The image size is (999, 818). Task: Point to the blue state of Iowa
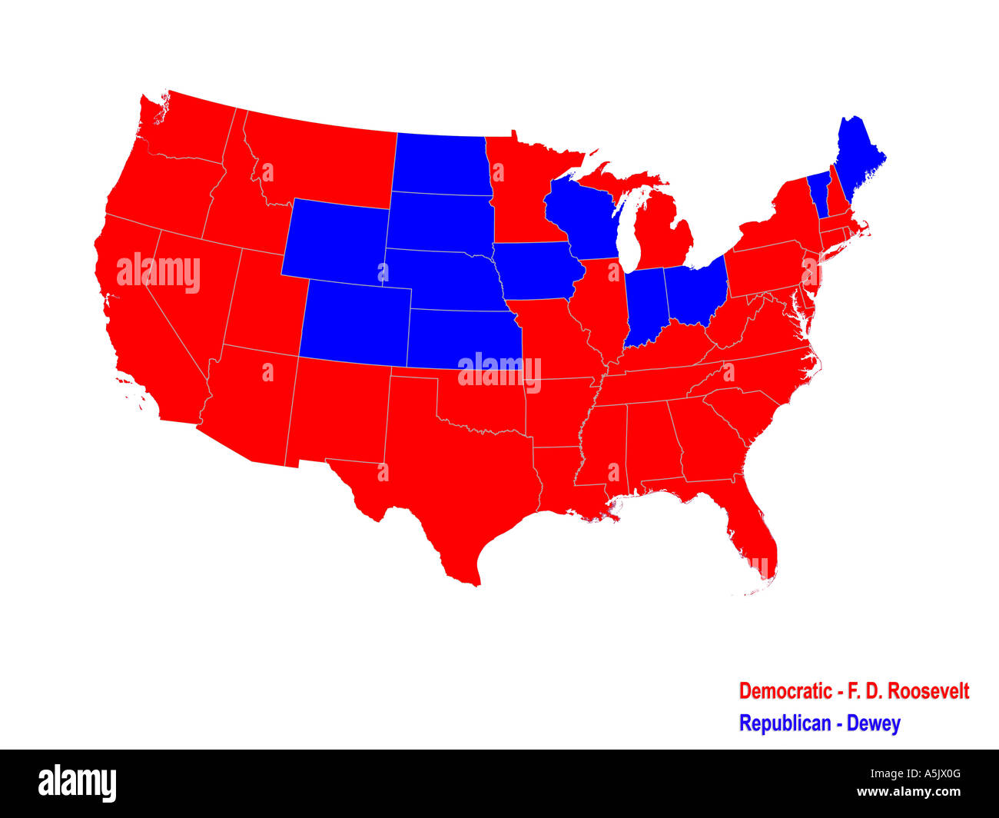pyautogui.click(x=533, y=269)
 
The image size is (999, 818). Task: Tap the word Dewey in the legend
pyautogui.click(x=873, y=723)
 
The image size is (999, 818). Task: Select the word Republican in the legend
pyautogui.click(x=785, y=723)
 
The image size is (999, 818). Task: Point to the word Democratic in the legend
pyautogui.click(x=786, y=691)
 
